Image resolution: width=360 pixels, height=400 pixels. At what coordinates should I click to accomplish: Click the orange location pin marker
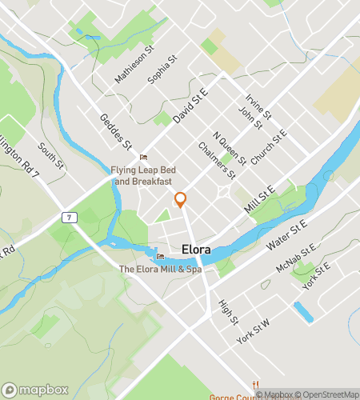(181, 200)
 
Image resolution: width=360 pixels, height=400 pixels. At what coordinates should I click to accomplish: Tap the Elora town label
(196, 250)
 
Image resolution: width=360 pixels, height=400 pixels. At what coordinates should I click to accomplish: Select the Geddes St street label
(116, 133)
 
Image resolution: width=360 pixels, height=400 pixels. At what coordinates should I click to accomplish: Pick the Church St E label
(268, 149)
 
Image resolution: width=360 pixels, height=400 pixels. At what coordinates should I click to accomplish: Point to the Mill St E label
(259, 198)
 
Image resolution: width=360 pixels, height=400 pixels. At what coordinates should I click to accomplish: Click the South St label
(50, 157)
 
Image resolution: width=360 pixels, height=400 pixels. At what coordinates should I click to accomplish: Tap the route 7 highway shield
(70, 218)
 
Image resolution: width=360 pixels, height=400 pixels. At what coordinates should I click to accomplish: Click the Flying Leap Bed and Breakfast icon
(144, 157)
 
